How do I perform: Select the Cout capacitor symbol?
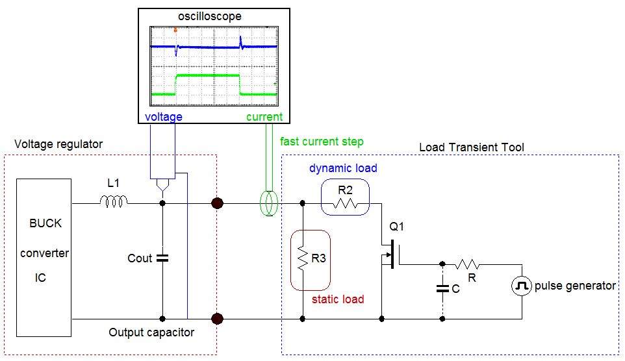point(162,258)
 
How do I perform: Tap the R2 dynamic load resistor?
point(345,205)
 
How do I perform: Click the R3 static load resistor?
point(303,260)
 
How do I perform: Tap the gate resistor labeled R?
point(467,264)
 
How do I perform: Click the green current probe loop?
point(268,203)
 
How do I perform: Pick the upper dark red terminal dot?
point(218,203)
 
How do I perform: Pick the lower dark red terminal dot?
point(218,319)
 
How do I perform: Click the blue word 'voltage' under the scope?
point(163,117)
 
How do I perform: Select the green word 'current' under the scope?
point(264,117)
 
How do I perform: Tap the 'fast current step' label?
point(322,142)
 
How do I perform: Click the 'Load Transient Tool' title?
point(472,147)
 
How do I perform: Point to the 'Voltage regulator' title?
point(58,143)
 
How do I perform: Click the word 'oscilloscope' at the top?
point(209,16)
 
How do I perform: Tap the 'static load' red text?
point(338,299)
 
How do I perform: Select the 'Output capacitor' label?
point(151,332)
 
